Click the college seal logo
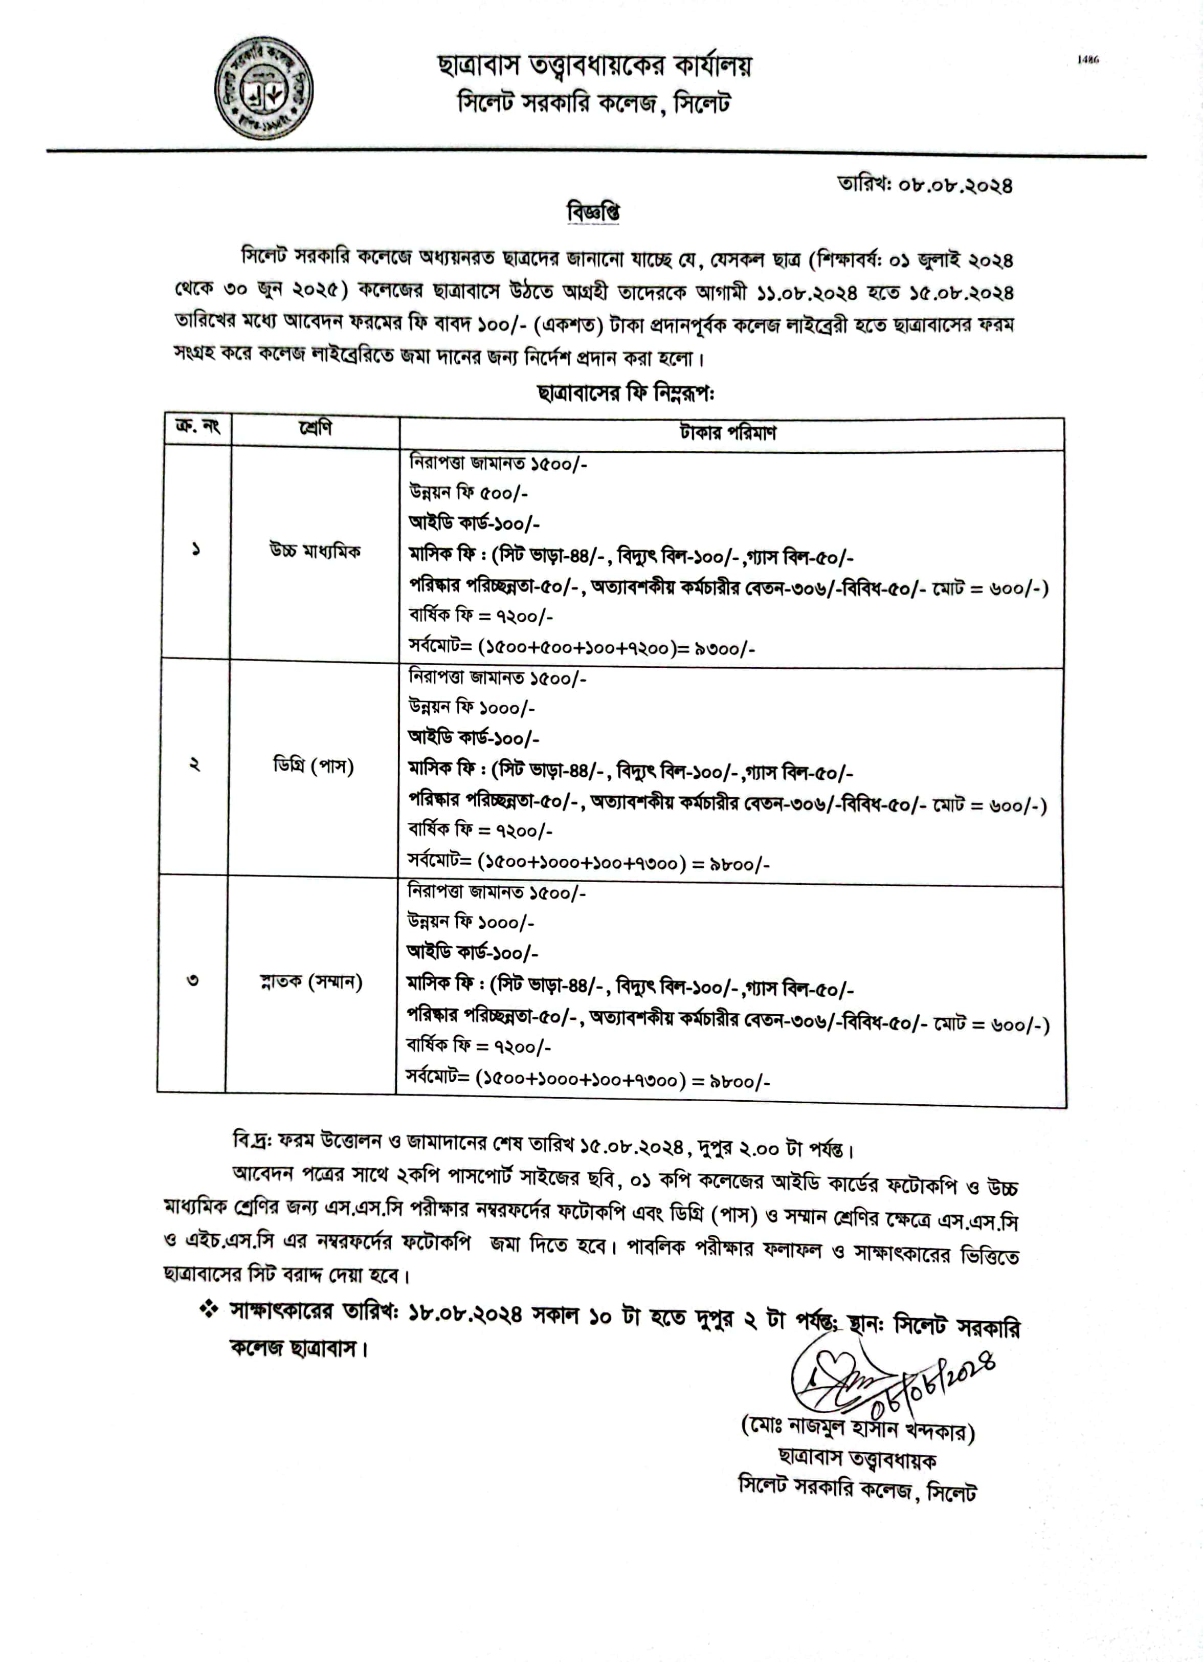(264, 87)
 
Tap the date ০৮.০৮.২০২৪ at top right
(955, 185)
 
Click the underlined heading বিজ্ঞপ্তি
(593, 212)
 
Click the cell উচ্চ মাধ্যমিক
(315, 551)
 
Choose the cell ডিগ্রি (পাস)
(313, 767)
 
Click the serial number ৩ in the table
(193, 980)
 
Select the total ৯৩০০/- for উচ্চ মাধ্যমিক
(725, 648)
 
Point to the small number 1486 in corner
(1088, 60)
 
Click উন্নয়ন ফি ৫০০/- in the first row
(469, 493)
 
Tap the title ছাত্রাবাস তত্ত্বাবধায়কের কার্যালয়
(594, 67)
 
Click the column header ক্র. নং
(198, 426)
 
